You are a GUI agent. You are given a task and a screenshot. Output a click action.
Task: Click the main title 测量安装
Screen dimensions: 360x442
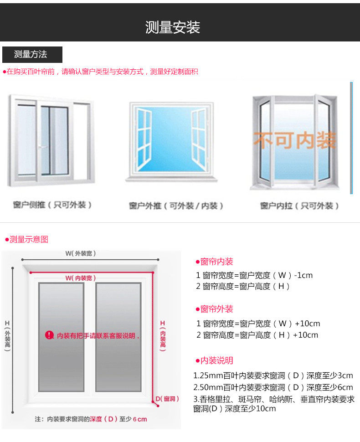tap(173, 27)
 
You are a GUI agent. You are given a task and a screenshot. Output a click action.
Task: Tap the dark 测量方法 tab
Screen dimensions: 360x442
tap(31, 55)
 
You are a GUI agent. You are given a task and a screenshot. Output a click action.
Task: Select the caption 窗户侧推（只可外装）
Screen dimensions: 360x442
tap(52, 205)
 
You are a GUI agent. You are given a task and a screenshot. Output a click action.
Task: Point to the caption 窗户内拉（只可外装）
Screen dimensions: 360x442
tap(300, 206)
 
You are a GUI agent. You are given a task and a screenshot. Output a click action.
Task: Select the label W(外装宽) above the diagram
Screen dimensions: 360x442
tap(81, 253)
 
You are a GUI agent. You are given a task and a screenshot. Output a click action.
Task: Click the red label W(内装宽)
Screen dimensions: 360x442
tap(81, 278)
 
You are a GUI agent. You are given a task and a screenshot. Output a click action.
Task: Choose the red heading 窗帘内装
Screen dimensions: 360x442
tap(217, 262)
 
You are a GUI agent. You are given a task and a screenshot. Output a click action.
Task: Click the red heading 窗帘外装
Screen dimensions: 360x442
tap(217, 309)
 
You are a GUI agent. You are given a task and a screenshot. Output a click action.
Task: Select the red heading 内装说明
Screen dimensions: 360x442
tap(217, 360)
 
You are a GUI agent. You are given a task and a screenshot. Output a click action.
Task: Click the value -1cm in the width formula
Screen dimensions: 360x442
tap(303, 275)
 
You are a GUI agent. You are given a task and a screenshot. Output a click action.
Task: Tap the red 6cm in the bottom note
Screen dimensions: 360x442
tap(140, 419)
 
